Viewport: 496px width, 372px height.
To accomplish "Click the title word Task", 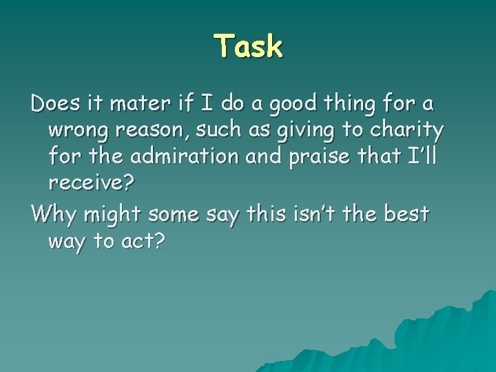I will pos(249,47).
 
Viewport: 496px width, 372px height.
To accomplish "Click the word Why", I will pos(54,214).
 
